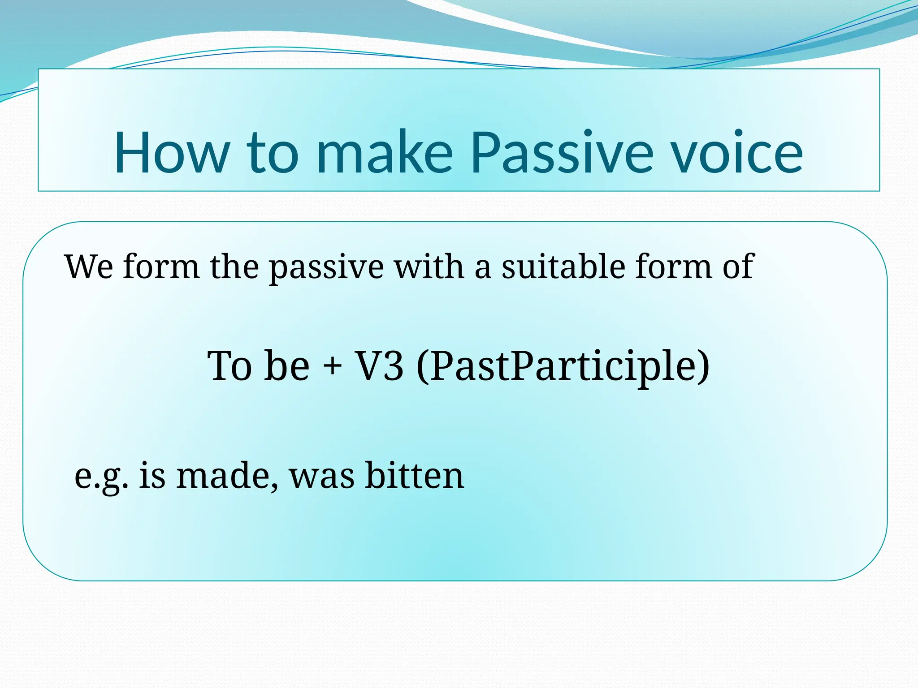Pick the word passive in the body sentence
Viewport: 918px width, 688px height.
click(326, 268)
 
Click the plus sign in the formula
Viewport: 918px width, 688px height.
click(332, 366)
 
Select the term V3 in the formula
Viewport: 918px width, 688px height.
click(379, 366)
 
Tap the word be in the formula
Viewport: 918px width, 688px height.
click(287, 366)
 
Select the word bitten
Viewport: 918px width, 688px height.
click(414, 476)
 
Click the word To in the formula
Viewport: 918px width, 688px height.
click(229, 366)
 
